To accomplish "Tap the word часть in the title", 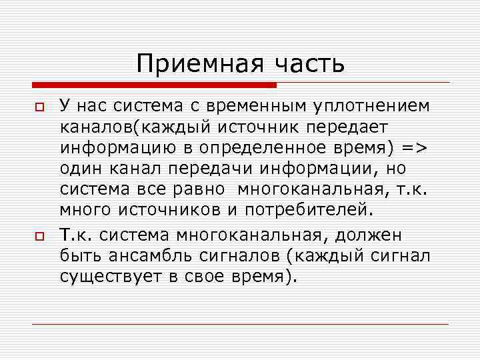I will (307, 64).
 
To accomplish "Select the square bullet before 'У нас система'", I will (39, 107).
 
